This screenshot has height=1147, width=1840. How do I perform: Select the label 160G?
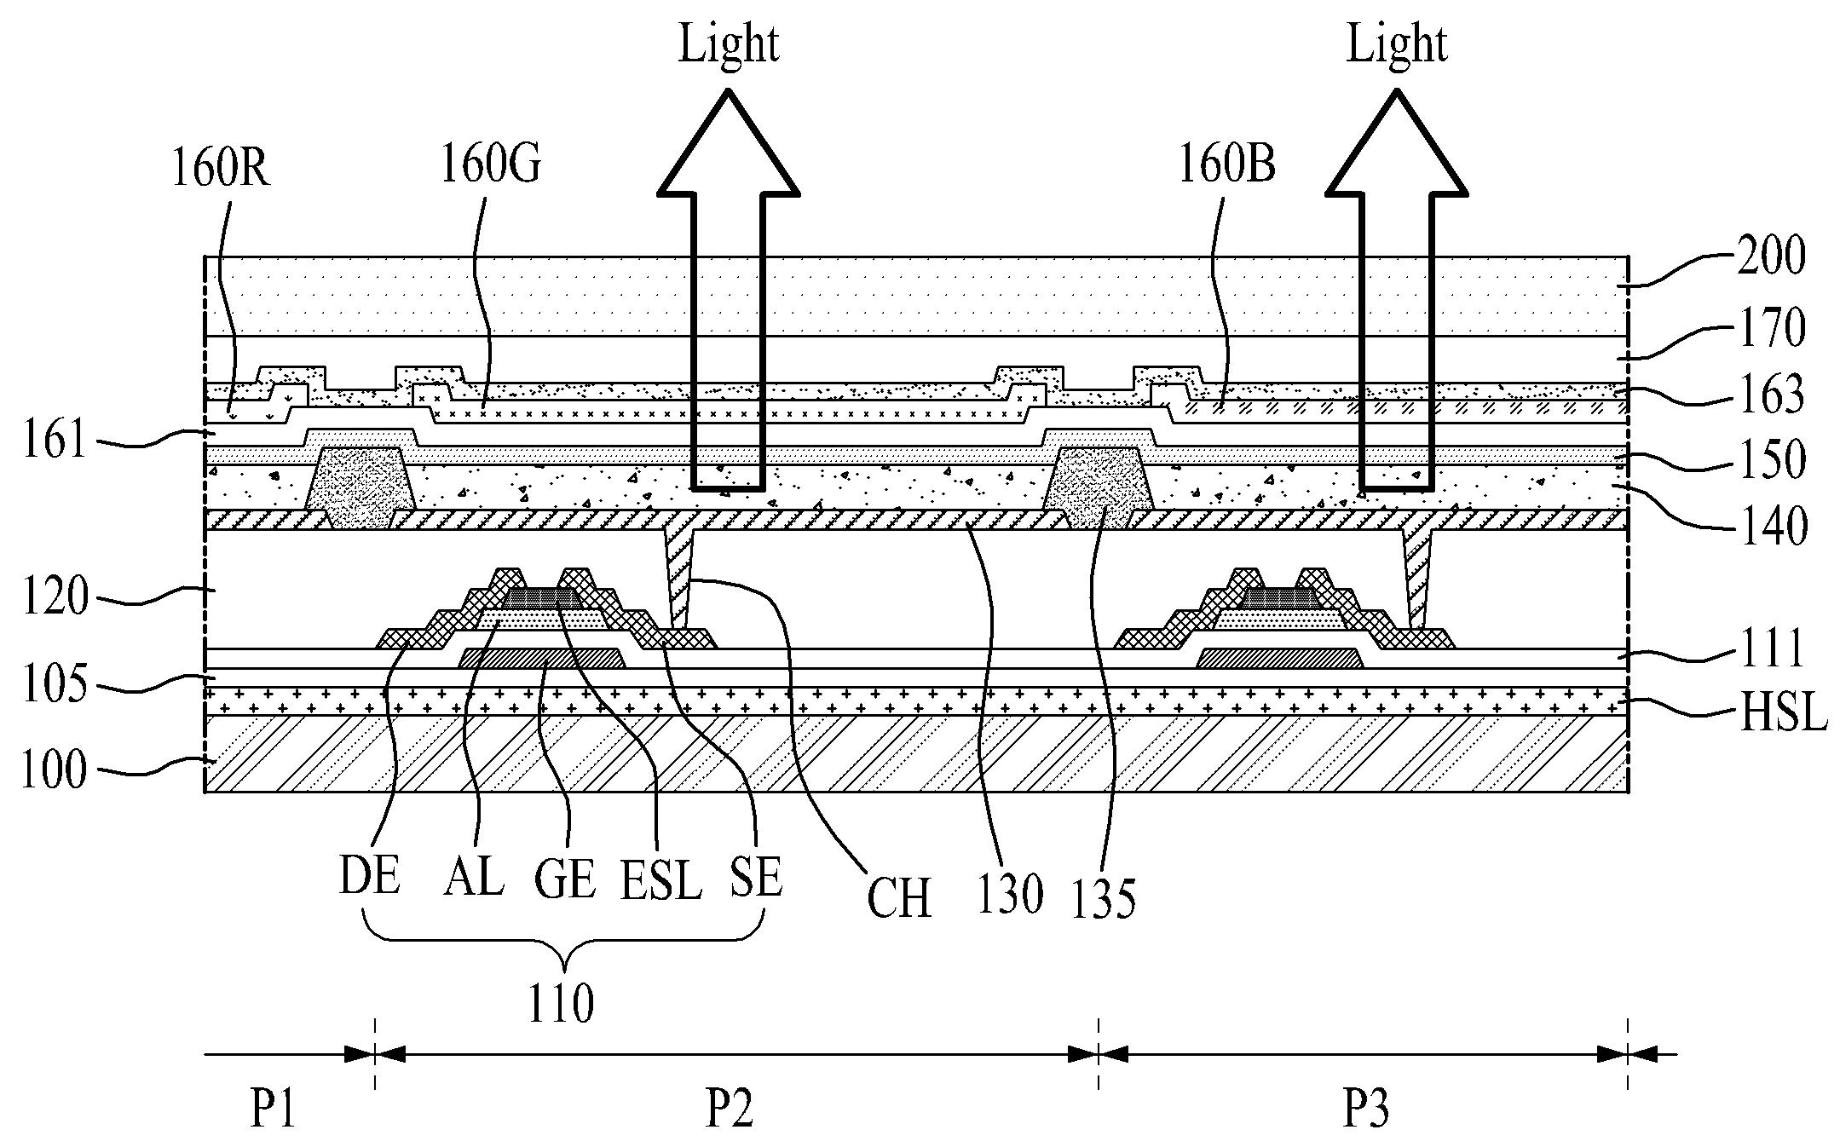click(x=490, y=164)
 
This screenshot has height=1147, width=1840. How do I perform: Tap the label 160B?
click(x=1227, y=164)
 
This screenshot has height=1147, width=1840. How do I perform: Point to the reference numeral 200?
click(x=1773, y=256)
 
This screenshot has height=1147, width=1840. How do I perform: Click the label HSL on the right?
click(x=1783, y=713)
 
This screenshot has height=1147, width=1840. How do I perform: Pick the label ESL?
click(x=660, y=880)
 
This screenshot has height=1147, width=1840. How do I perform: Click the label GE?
click(x=564, y=879)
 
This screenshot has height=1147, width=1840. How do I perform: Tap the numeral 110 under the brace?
click(x=560, y=1004)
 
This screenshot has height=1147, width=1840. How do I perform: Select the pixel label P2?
click(x=730, y=1110)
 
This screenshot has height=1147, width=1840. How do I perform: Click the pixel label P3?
click(x=1366, y=1110)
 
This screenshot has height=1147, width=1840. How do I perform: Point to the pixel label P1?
click(x=273, y=1110)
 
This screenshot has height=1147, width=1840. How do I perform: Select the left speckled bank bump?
click(x=361, y=487)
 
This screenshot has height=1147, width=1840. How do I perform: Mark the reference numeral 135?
click(x=1103, y=899)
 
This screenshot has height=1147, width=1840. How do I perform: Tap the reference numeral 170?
click(x=1773, y=328)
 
